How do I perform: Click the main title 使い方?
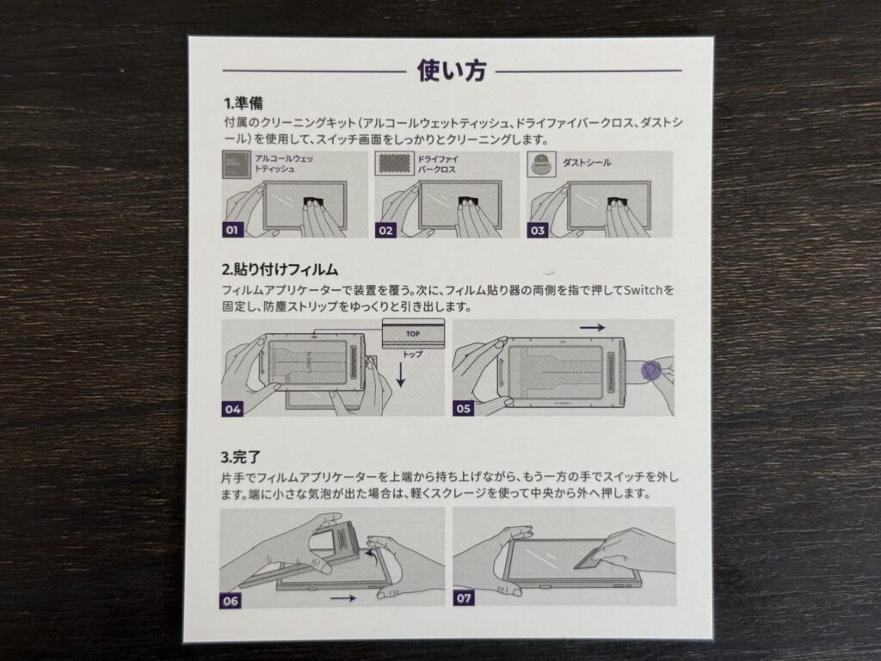point(451,71)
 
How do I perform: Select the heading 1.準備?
point(243,103)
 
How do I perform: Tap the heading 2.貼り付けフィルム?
point(280,269)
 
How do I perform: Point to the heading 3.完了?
point(241,458)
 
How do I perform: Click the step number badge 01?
point(232,230)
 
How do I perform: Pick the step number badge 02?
point(385,231)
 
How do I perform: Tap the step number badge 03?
point(537,231)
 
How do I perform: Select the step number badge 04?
point(232,409)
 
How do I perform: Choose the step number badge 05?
point(463,409)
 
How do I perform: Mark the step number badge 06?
point(231,601)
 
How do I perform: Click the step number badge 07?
point(464,598)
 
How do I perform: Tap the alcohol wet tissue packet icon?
point(237,164)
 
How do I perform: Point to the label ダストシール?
point(587,163)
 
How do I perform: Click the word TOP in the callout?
point(413,334)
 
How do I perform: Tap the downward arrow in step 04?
point(401,374)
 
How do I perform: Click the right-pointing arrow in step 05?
point(592,327)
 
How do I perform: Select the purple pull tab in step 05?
point(652,371)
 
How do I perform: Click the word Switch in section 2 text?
point(644,290)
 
